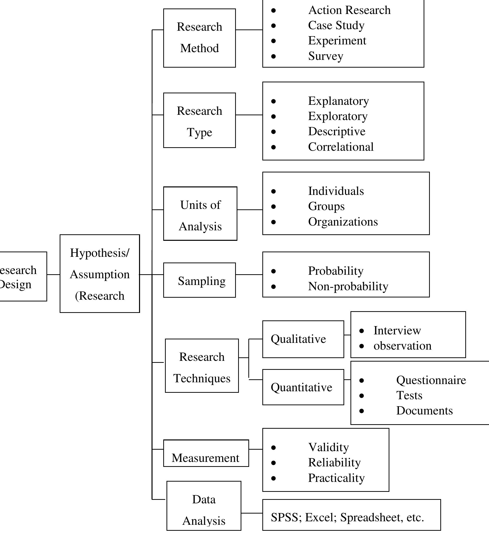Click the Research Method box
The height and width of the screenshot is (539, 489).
point(199,38)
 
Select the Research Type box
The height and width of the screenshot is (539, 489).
point(199,120)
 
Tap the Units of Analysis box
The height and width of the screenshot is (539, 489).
point(200,213)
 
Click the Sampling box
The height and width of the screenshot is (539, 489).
point(199,280)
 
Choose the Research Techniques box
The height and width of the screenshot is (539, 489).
point(202,366)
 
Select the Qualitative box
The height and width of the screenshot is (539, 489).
point(303,339)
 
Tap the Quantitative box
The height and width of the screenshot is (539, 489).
point(303,387)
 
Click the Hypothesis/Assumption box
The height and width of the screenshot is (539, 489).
point(100,273)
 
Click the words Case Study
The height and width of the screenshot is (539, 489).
point(336,25)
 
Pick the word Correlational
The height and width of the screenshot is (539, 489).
point(340,147)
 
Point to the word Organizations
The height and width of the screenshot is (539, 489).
point(343,222)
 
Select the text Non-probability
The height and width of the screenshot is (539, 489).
point(348,286)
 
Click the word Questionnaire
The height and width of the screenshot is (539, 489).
point(431,380)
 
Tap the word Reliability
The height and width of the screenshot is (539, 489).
point(334,463)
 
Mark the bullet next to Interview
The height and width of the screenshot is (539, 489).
point(362,331)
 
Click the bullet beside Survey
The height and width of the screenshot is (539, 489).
point(273,56)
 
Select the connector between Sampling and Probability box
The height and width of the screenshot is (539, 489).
point(249,274)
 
